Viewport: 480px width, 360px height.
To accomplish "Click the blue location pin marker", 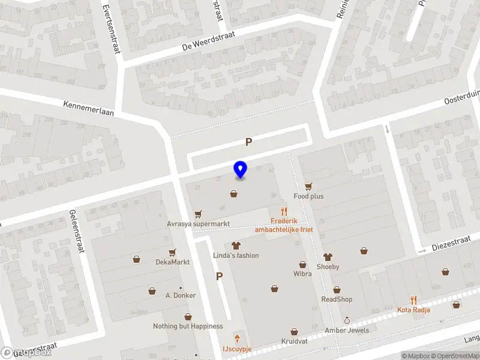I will coord(241,170).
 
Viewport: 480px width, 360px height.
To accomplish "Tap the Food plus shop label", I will coord(308,196).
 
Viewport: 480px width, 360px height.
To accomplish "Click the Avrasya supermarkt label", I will coord(199,224).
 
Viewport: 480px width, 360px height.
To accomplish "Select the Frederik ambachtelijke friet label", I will coord(284,225).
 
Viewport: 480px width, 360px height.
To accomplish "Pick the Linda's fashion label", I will coord(236,256).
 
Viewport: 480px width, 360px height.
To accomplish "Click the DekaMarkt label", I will coord(173,262).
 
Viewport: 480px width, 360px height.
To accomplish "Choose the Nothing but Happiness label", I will coord(188,326).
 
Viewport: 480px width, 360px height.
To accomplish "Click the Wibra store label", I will coord(302,274).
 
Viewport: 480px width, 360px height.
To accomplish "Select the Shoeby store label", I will coord(328,266).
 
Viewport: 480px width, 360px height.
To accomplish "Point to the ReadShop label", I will coord(337,299).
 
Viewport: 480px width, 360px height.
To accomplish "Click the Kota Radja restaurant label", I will coord(413,310).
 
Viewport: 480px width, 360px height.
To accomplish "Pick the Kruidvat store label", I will coord(294,341).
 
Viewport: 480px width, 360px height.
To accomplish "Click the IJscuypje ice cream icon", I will coord(237,339).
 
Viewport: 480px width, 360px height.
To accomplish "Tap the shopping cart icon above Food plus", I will coord(308,187).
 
